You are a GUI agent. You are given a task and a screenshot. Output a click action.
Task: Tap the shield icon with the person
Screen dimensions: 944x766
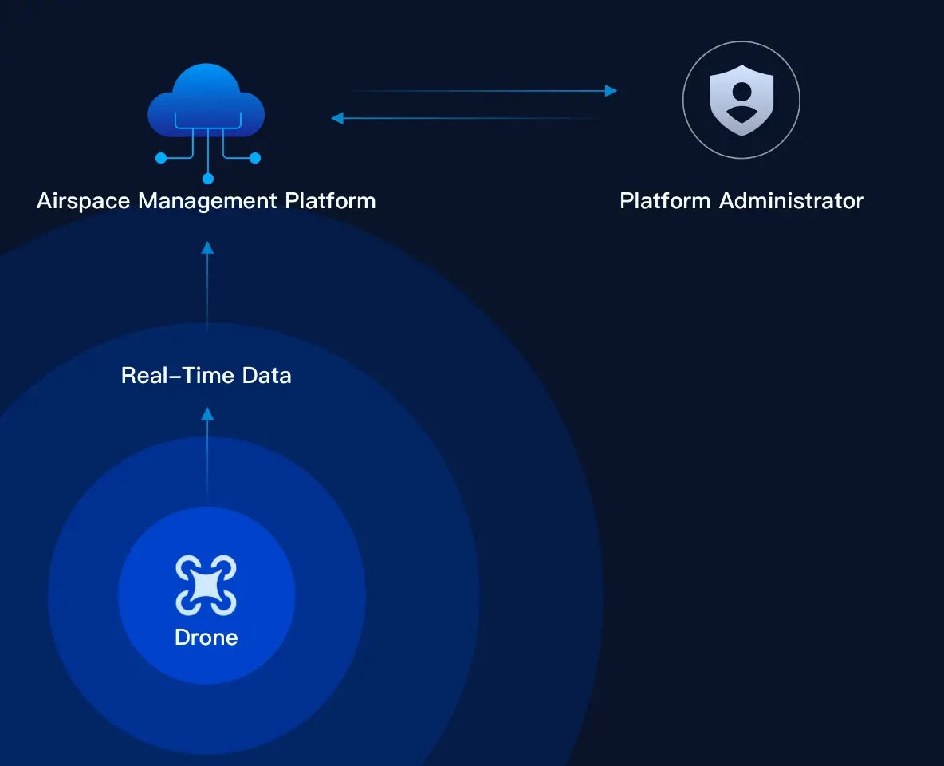click(741, 100)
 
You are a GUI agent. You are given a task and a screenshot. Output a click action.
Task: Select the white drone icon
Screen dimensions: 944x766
click(206, 585)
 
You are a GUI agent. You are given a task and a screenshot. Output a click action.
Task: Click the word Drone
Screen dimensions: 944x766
click(206, 637)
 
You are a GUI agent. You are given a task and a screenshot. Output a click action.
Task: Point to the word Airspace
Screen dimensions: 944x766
click(83, 201)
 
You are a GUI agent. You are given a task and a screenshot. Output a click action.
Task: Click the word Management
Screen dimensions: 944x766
click(208, 201)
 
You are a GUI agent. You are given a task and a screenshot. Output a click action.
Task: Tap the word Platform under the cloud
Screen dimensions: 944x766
click(331, 201)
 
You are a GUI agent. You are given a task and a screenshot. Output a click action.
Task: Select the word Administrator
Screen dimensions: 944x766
click(792, 201)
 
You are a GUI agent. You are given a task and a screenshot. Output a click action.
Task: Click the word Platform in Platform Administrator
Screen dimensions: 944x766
click(665, 201)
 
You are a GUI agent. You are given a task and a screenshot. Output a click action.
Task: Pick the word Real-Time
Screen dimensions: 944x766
click(178, 376)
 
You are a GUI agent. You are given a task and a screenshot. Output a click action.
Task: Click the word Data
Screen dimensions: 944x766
click(267, 376)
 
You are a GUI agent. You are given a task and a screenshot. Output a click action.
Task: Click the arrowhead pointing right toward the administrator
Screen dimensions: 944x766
click(611, 91)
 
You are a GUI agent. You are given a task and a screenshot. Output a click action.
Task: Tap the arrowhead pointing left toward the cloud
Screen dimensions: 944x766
click(337, 118)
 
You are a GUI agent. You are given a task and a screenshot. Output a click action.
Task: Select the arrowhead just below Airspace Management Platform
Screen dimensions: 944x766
click(207, 247)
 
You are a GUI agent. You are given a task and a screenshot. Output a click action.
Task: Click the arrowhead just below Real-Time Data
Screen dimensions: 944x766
click(207, 413)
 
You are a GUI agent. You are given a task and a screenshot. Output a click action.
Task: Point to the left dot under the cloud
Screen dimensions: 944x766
click(161, 158)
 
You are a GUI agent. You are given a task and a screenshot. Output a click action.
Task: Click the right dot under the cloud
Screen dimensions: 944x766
click(254, 158)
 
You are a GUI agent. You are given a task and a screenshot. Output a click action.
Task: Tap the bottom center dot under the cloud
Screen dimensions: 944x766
click(208, 179)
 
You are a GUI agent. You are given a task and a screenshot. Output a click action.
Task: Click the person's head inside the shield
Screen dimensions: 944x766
click(741, 93)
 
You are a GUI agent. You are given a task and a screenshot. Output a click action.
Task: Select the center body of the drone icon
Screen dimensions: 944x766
click(206, 585)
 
